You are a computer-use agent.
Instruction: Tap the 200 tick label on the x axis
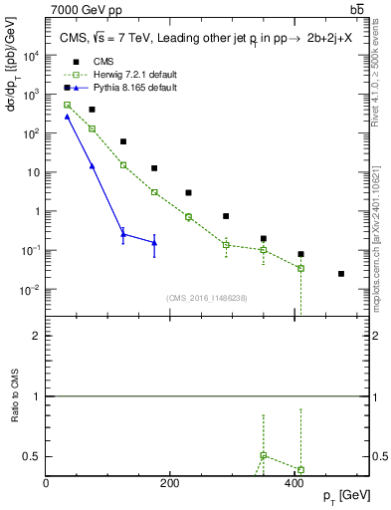(169, 483)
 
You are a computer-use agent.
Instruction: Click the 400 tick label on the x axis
(293, 483)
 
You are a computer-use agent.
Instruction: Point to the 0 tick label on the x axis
(46, 483)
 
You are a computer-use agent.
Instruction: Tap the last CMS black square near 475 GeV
(341, 273)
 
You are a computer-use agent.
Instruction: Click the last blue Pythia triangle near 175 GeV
(154, 242)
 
